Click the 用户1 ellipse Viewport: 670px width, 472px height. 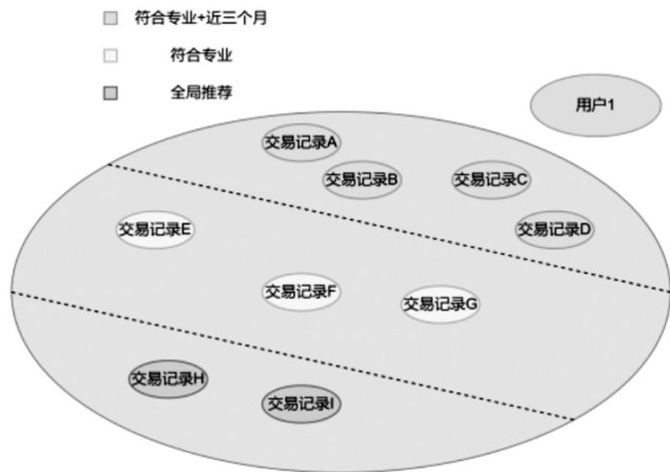pyautogui.click(x=587, y=104)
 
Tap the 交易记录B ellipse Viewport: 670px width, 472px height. pyautogui.click(x=362, y=179)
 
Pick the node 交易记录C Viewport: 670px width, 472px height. pyautogui.click(x=492, y=179)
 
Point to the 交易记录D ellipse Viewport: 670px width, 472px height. pyautogui.click(x=555, y=229)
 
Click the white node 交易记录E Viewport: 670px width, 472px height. pyautogui.click(x=155, y=229)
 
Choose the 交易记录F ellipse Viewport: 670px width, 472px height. pyautogui.click(x=301, y=292)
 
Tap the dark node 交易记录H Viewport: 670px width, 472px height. pyautogui.click(x=168, y=378)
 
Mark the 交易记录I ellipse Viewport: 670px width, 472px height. pyautogui.click(x=301, y=403)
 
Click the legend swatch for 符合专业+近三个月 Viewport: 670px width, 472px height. pyautogui.click(x=111, y=19)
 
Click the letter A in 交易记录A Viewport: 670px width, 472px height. pyautogui.click(x=333, y=142)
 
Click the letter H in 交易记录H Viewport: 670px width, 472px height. pyautogui.click(x=200, y=378)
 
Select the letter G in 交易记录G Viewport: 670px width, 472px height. pyautogui.click(x=473, y=304)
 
